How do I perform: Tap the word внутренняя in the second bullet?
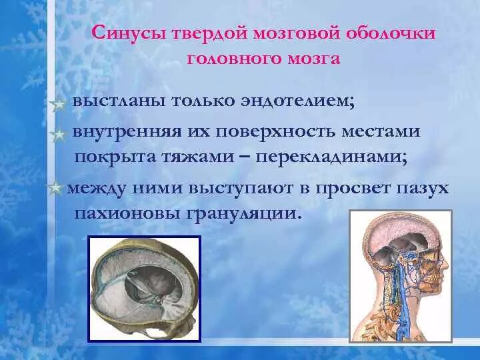[125, 131]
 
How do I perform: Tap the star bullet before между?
[55, 189]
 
